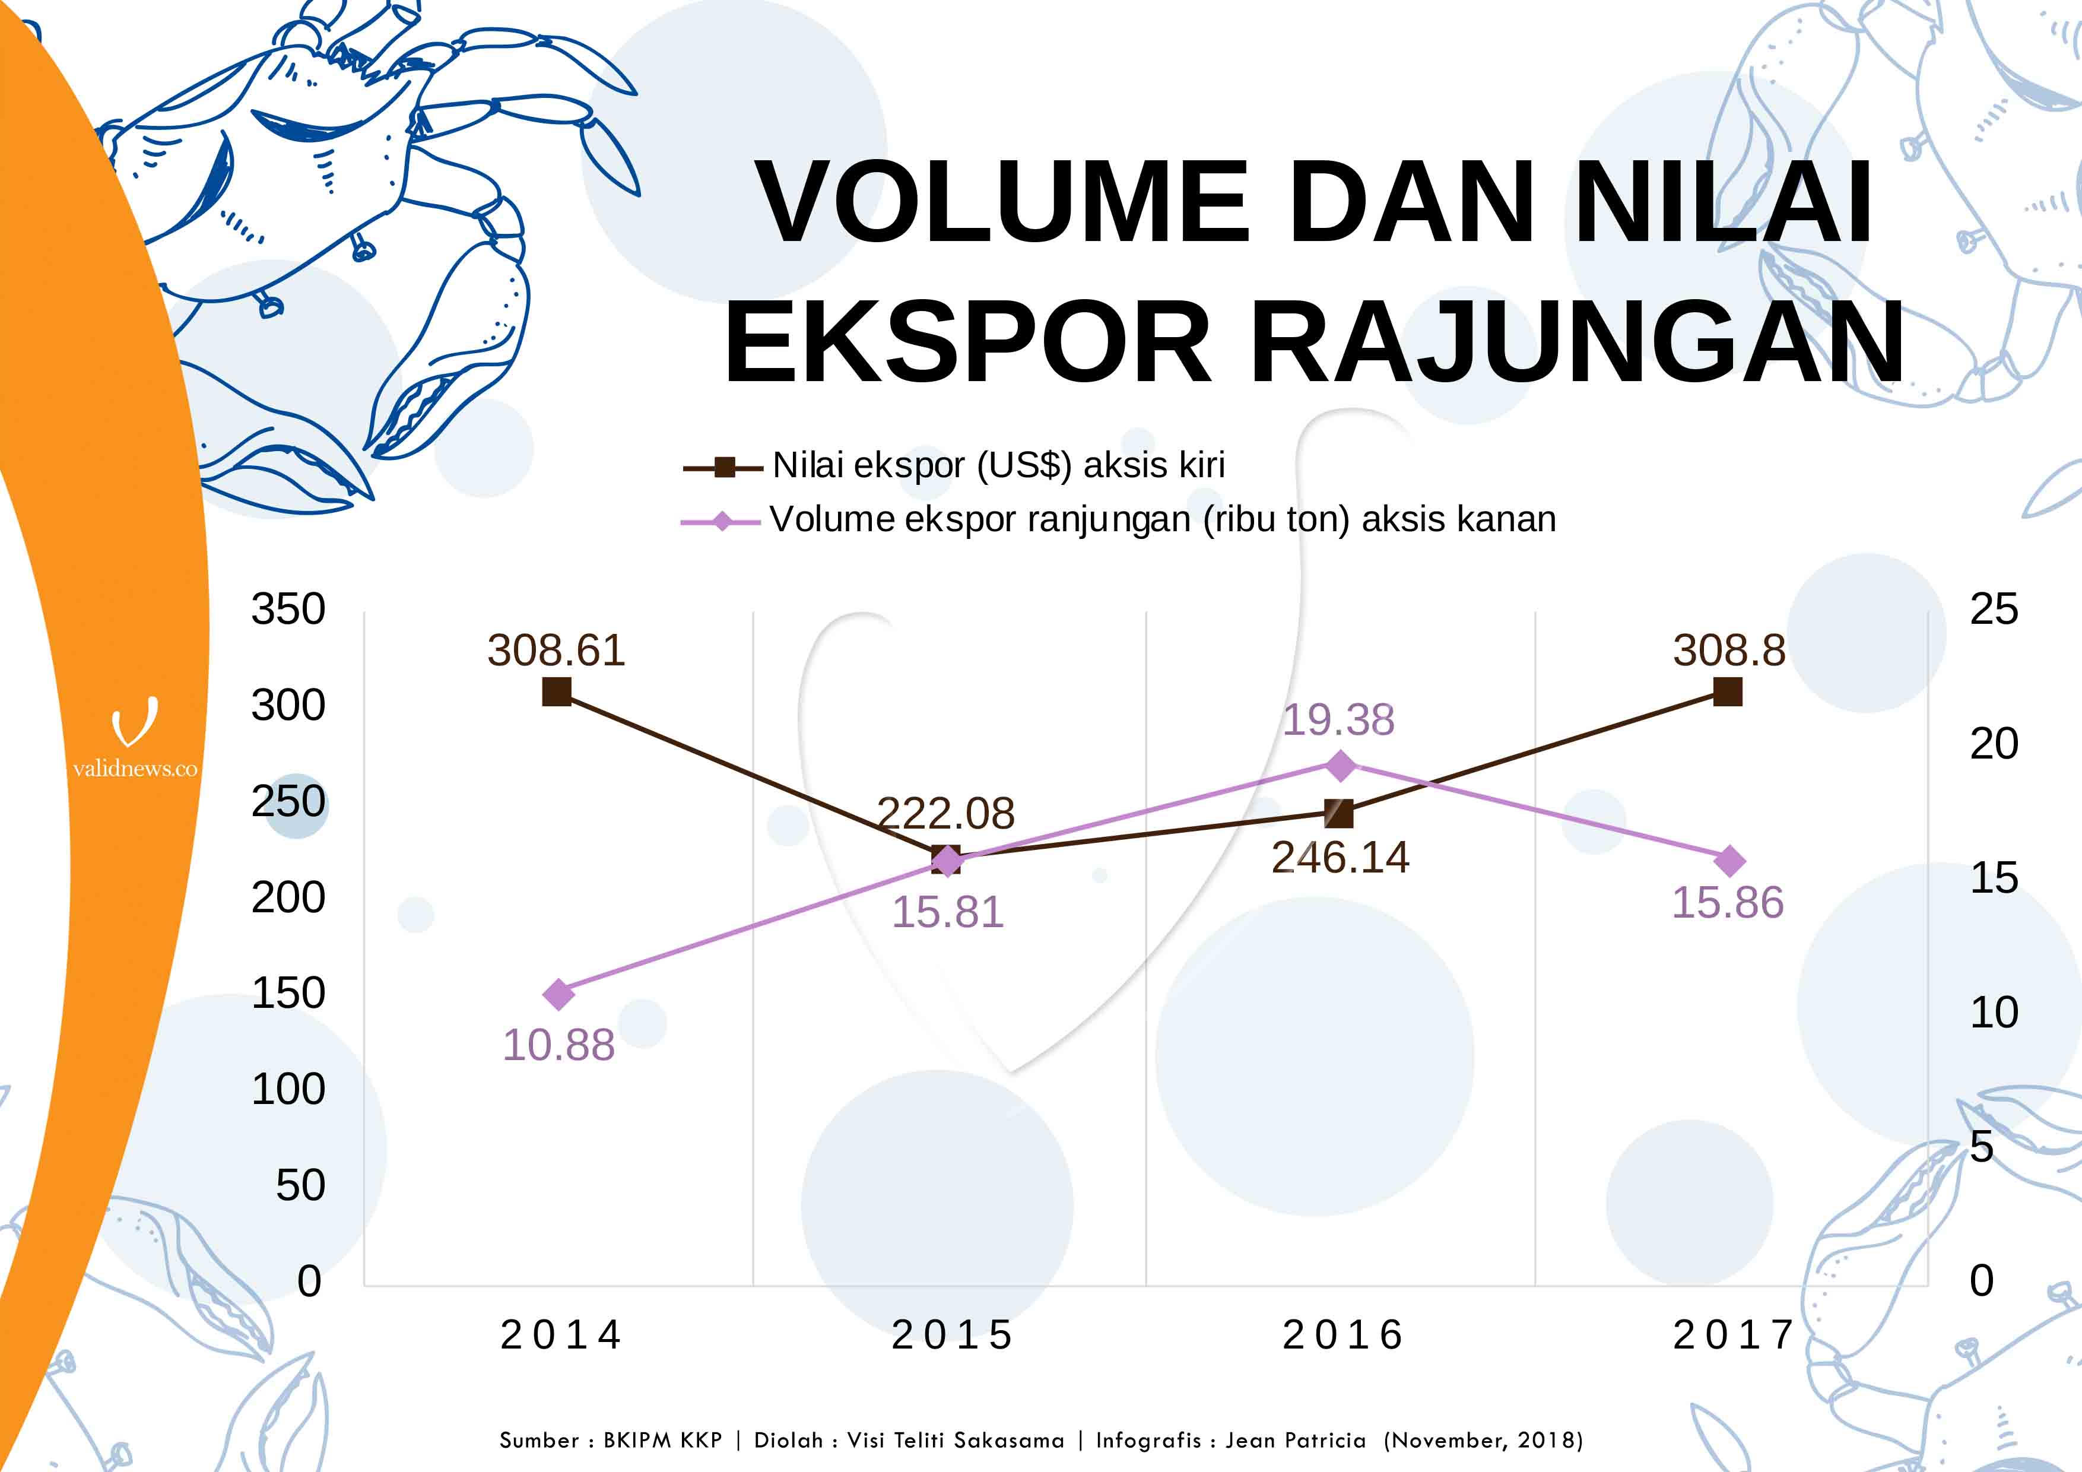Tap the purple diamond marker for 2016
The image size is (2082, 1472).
tap(1340, 766)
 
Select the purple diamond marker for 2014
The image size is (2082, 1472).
tap(558, 994)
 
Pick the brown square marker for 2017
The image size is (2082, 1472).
tap(1728, 692)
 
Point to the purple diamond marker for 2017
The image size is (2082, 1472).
tap(1730, 861)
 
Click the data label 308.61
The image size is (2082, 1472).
tap(556, 651)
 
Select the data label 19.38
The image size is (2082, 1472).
tap(1338, 720)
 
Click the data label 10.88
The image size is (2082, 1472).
tap(558, 1045)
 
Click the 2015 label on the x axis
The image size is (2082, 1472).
tap(952, 1335)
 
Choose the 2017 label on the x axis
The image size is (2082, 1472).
tap(1734, 1335)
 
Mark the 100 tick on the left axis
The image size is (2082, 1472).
tap(288, 1089)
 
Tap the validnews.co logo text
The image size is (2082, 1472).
tap(135, 769)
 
